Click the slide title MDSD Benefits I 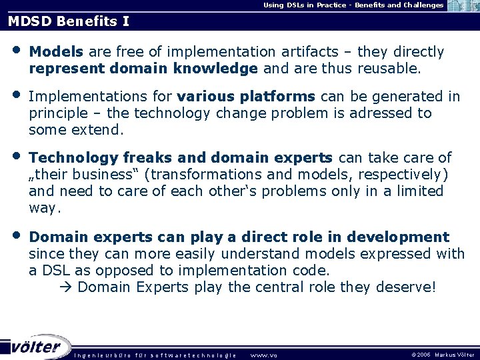[x=69, y=21]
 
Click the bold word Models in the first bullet [x=57, y=52]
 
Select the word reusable [x=388, y=69]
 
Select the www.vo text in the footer [x=263, y=355]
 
